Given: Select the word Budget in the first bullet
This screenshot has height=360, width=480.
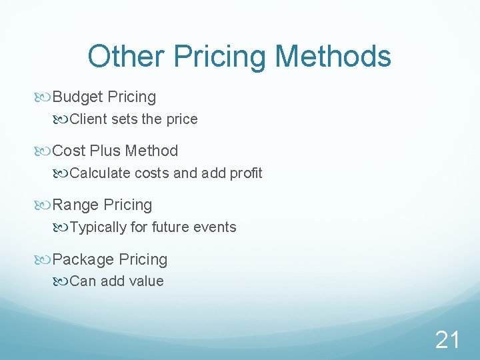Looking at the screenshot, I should point(77,97).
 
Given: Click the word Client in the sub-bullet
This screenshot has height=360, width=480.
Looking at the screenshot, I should point(87,119).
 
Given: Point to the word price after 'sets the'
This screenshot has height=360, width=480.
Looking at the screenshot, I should point(181,119).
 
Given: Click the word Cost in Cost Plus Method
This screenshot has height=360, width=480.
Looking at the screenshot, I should point(69,151).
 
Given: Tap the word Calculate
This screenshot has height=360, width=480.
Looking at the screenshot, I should point(100,173).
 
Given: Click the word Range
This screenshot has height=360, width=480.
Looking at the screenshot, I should point(75,205).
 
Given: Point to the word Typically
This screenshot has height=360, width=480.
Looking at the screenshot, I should point(98,227).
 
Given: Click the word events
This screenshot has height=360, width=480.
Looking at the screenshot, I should point(215,227).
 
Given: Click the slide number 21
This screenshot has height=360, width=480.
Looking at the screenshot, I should point(447,340).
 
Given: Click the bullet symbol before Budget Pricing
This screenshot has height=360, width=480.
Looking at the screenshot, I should point(45,97).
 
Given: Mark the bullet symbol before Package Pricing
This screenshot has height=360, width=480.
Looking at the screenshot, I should point(45,259).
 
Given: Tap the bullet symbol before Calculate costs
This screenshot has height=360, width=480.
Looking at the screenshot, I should point(62,173).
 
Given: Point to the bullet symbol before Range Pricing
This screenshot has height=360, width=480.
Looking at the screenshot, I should point(45,205).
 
